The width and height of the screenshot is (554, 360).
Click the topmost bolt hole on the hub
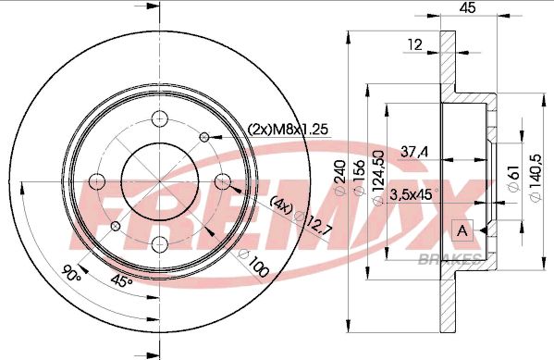159,118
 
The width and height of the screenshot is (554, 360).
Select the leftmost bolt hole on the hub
95,180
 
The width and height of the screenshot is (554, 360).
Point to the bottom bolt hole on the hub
159,244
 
